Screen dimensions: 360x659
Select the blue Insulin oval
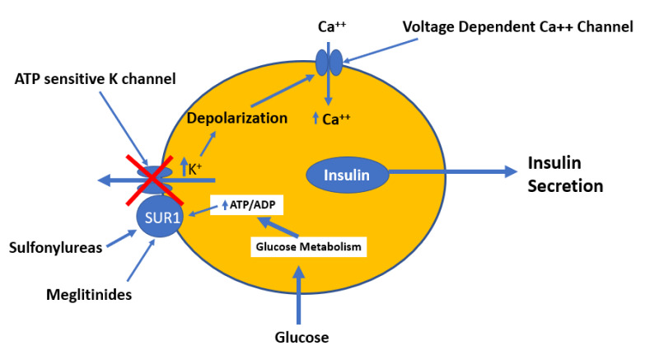[347, 174]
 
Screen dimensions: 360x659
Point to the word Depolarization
[237, 118]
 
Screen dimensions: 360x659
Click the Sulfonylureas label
[55, 247]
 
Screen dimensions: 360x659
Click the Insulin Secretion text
[565, 175]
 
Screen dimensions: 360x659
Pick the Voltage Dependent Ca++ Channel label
[517, 27]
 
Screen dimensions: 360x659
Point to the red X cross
[149, 179]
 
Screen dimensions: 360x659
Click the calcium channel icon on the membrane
[328, 63]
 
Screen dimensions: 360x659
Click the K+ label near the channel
[195, 170]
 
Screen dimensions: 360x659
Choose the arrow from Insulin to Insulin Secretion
[449, 172]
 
